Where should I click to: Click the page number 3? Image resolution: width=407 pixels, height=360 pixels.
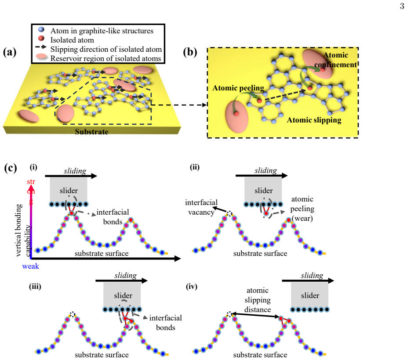pos(402,6)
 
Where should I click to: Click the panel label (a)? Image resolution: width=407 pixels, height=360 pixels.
pos(9,52)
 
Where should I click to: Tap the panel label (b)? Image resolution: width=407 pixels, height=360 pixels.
pos(190,52)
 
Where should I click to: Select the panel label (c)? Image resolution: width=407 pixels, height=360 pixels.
pos(11,168)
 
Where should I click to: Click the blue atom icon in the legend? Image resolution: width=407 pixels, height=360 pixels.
pos(41,29)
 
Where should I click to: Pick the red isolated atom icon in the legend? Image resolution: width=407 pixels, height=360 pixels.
pos(41,39)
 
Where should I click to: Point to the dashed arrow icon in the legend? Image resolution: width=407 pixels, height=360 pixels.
pos(41,47)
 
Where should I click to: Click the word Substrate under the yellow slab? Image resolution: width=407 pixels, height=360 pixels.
pos(91,132)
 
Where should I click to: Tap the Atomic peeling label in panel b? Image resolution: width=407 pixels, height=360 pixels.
pos(238,88)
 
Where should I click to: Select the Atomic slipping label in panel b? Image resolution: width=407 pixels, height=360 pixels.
pos(314,120)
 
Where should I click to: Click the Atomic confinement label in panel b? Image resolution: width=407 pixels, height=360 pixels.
pos(336,60)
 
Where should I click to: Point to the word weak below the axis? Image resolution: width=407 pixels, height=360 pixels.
pos(31,266)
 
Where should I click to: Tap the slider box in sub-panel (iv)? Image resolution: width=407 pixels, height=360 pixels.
pos(310,295)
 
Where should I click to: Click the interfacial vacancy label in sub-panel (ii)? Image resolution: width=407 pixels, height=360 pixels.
pos(201,207)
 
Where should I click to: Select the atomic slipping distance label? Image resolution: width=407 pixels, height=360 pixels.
pos(258,300)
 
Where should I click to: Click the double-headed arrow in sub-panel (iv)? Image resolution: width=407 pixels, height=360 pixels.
pos(255,315)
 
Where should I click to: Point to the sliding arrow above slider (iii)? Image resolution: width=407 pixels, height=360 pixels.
pos(121,281)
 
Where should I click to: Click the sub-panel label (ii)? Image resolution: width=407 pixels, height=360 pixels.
pos(195,167)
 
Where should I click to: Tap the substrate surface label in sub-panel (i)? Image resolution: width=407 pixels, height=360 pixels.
pos(102,253)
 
